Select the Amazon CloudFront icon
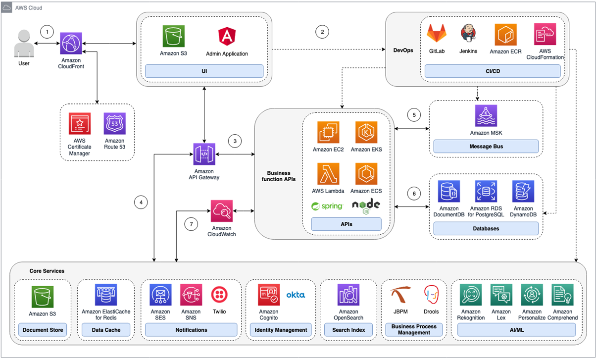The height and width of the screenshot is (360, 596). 72,44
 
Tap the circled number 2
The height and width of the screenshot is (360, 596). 322,32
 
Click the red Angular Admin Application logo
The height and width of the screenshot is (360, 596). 227,37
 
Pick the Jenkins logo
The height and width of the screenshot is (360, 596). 468,35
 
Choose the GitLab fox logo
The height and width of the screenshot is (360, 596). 437,35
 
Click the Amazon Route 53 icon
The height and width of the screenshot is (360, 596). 114,124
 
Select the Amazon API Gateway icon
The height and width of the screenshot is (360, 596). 204,154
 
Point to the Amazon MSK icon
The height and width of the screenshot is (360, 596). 486,116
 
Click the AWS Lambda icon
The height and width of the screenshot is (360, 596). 328,174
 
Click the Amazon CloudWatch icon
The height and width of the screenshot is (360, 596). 222,211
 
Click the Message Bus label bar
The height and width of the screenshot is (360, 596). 486,146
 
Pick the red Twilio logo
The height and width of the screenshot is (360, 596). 219,295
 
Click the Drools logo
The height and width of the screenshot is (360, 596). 431,295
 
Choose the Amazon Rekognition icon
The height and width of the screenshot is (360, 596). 470,295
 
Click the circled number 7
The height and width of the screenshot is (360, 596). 192,224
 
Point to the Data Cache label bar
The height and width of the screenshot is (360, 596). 105,329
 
